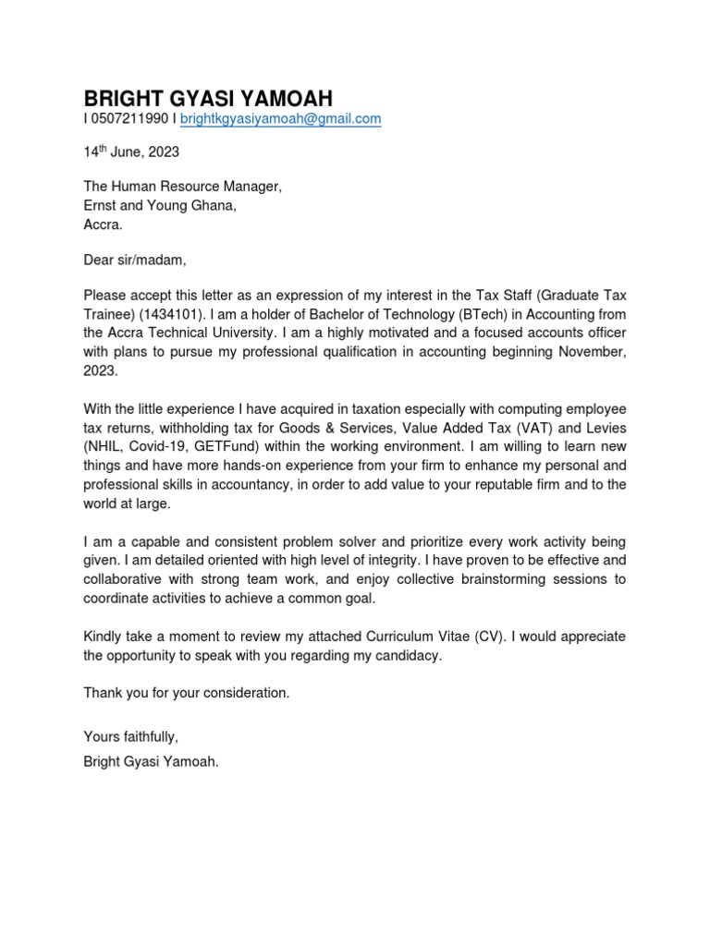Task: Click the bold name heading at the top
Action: (208, 98)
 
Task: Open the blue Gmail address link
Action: (280, 119)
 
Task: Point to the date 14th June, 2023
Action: (131, 152)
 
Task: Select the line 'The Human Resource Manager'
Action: (182, 187)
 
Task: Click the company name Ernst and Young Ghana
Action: (160, 205)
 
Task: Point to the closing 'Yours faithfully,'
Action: (130, 736)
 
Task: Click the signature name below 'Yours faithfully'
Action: (152, 762)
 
